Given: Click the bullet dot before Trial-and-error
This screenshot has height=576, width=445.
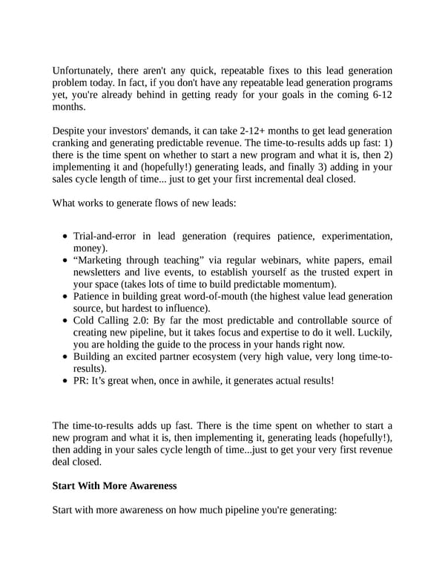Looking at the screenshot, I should [65, 237].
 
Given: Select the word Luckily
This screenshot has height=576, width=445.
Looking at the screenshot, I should [373, 332].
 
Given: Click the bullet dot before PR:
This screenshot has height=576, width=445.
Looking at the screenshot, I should [65, 381].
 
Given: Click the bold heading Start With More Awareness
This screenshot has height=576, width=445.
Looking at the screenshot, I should [115, 486].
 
